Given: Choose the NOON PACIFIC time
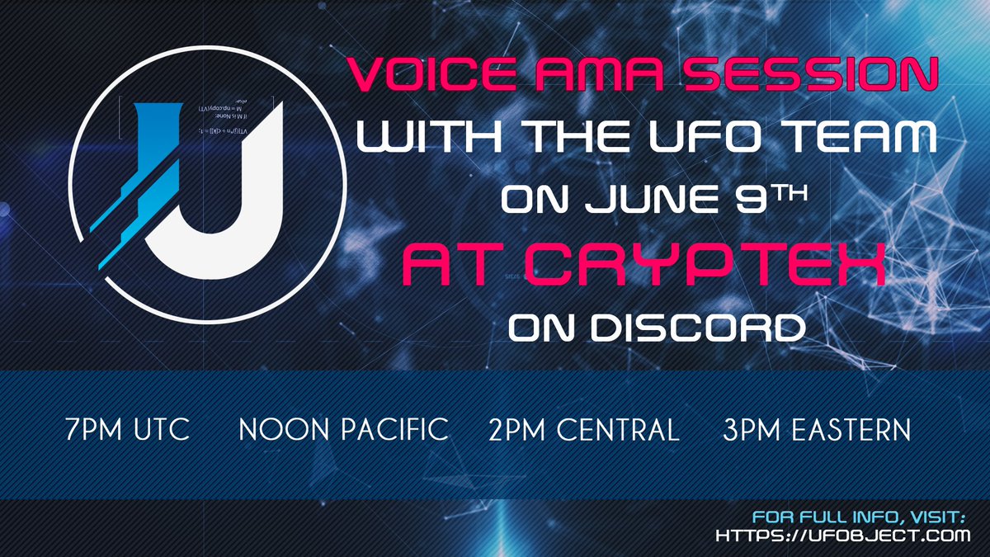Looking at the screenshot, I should (x=343, y=430).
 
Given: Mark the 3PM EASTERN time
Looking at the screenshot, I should (x=816, y=430).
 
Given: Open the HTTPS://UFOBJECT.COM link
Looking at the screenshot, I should (x=841, y=536).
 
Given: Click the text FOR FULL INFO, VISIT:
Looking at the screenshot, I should (x=859, y=517).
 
